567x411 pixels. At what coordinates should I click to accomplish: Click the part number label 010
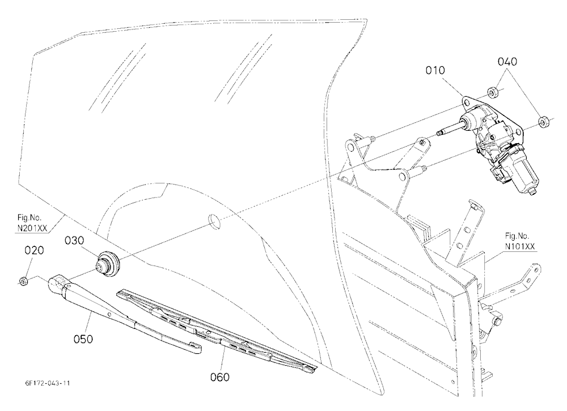point(435,70)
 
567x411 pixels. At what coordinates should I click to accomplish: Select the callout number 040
point(507,62)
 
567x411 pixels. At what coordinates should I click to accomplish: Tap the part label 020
point(34,250)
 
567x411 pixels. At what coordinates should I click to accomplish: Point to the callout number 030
point(74,240)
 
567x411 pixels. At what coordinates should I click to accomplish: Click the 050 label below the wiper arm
point(83,339)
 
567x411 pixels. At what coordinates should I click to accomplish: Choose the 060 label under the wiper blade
point(220,377)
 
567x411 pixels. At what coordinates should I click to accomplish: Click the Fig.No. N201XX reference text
point(32,223)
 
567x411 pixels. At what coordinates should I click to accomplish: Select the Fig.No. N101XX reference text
point(520,241)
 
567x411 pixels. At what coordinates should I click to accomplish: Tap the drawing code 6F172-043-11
point(45,383)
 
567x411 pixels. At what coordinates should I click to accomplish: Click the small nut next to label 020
point(23,281)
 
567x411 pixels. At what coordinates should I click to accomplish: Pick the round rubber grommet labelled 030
point(108,263)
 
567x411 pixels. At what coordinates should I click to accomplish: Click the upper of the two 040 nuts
point(492,92)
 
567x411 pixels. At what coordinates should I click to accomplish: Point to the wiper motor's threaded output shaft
point(450,130)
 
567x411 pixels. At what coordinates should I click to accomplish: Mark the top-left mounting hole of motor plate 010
point(467,104)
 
